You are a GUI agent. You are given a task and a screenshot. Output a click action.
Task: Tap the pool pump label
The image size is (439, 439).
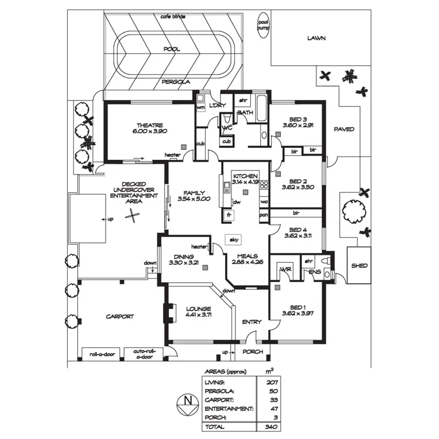262,25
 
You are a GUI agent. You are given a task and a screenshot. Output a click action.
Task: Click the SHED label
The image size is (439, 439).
359,265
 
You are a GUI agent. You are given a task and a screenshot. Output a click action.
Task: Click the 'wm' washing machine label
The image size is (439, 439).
200,108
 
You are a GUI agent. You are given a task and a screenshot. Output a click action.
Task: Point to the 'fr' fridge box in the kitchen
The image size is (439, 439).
229,215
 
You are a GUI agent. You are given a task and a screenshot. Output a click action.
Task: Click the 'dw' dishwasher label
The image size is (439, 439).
237,202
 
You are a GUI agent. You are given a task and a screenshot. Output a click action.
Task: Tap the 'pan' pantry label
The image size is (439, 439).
264,216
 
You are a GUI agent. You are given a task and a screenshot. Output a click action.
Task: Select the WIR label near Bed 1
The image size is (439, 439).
285,269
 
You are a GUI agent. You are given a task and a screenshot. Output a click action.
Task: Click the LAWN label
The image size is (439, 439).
316,38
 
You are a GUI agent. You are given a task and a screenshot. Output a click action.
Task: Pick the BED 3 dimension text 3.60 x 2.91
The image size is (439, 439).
298,125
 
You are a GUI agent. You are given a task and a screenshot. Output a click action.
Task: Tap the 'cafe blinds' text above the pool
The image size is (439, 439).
173,16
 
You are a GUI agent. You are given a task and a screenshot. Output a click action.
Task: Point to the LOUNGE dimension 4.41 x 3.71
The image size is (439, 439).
198,315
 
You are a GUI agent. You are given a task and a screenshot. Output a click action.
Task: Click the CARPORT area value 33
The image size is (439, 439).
272,399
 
